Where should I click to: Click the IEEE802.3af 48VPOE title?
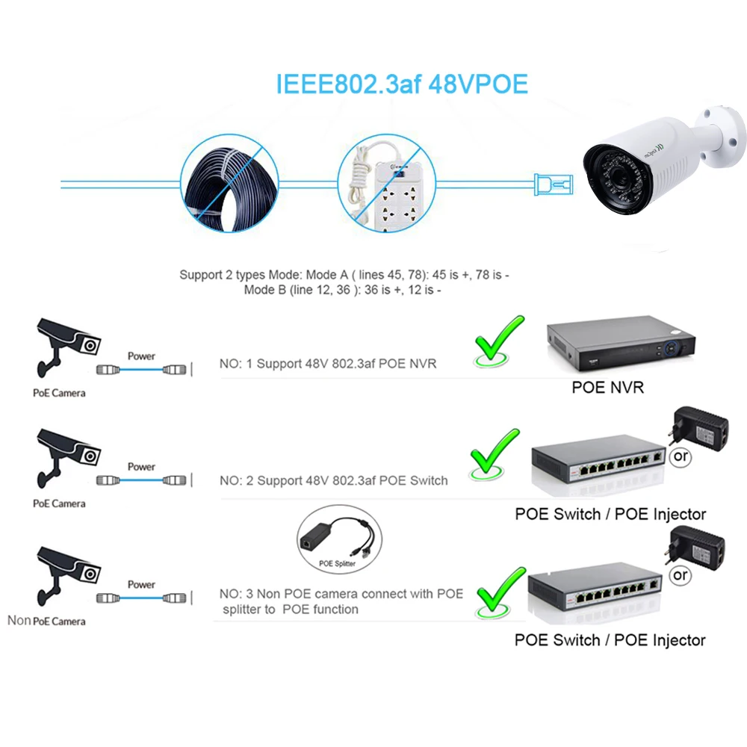coord(402,84)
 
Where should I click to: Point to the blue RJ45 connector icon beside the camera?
coord(553,185)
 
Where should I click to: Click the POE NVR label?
coord(607,387)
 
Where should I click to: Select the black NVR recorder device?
coord(621,343)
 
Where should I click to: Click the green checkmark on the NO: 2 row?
coord(494,454)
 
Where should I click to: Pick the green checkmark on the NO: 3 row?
coord(500,593)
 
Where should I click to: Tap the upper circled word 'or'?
coord(681,456)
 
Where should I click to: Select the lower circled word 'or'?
coord(680,575)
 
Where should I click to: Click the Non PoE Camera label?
coord(46,621)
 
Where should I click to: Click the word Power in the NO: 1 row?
coord(141,356)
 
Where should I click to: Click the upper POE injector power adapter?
coord(699,428)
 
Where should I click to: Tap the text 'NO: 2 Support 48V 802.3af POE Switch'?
coord(333,480)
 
